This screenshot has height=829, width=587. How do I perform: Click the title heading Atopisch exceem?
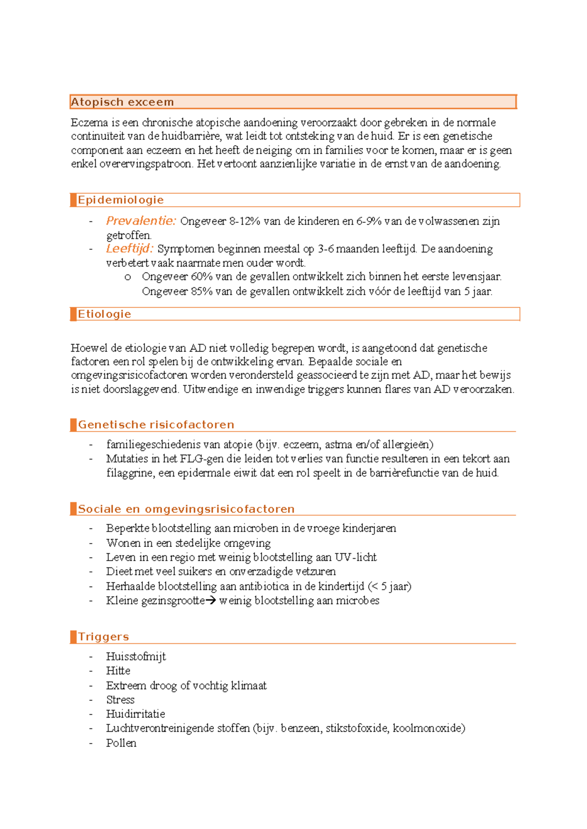122,102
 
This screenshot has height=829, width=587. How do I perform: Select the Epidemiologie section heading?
120,200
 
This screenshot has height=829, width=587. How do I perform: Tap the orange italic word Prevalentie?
141,221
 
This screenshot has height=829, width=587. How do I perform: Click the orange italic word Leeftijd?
130,249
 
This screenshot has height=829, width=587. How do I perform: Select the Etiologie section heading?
104,314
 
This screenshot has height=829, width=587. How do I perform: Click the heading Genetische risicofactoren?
156,425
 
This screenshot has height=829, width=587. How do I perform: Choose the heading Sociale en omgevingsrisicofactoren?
186,509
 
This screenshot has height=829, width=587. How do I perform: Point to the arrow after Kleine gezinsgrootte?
211,601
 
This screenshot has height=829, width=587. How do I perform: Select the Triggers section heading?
103,637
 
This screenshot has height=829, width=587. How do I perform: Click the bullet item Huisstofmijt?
136,656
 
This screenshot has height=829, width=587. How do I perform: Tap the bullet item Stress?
120,700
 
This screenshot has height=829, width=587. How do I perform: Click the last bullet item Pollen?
121,743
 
